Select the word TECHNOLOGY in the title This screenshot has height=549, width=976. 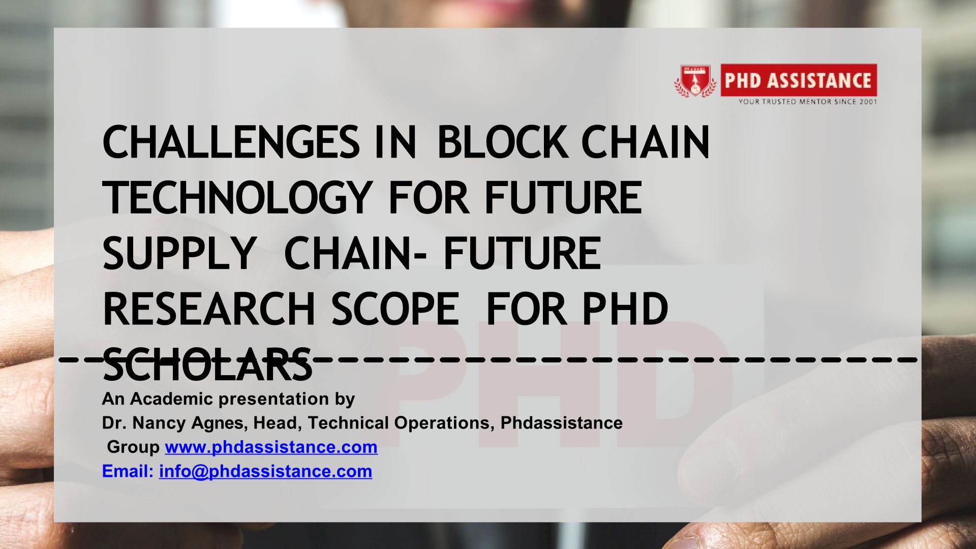[x=237, y=198]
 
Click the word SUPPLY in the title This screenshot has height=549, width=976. [x=179, y=254]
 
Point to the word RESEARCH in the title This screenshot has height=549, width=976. [x=209, y=309]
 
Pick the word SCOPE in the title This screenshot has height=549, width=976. [x=395, y=309]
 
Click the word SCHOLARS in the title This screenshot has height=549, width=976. [x=207, y=364]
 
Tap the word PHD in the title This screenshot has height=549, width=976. [x=625, y=309]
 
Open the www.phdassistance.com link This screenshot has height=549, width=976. [x=271, y=447]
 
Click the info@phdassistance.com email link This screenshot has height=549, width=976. [x=265, y=471]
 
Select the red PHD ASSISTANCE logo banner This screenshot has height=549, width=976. [x=799, y=80]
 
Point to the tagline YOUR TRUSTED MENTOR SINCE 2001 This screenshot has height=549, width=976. [x=808, y=102]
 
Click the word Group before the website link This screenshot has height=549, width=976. [x=133, y=447]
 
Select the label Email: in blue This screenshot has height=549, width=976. [x=128, y=471]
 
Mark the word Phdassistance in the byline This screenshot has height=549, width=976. [x=562, y=423]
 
